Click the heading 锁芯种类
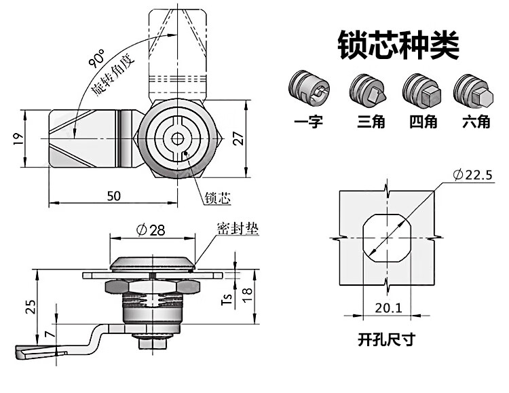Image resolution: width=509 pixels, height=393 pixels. tap(398, 44)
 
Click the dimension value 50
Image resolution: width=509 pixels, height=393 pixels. tap(113, 195)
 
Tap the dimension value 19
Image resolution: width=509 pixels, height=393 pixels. tap(18, 138)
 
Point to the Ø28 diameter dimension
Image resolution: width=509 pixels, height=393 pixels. tap(150, 230)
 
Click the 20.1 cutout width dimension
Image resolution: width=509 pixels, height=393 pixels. tap(388, 307)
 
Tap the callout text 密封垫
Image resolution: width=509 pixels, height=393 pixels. tap(238, 229)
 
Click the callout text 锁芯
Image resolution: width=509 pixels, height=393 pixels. tap(217, 198)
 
